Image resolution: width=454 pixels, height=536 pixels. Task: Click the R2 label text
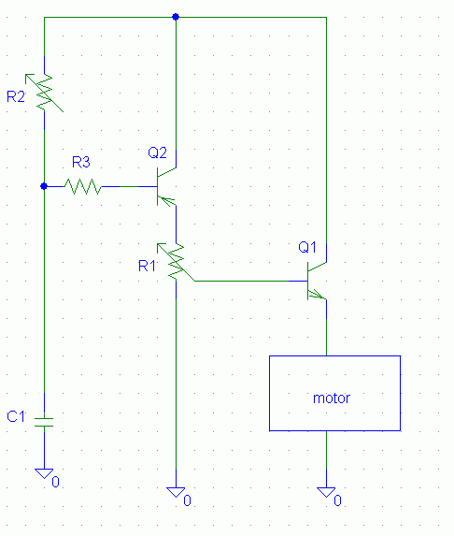[x=16, y=96]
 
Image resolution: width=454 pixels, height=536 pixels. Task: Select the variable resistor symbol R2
[x=45, y=93]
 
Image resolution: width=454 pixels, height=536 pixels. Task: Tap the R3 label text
[x=81, y=162]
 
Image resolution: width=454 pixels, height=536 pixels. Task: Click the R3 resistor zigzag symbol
[x=83, y=187]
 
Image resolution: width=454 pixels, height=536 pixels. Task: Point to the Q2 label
[x=157, y=152]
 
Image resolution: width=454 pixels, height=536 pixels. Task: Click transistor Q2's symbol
[x=166, y=187]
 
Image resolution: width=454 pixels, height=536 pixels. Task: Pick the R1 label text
[x=147, y=266]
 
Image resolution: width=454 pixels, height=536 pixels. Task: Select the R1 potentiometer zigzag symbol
[x=176, y=263]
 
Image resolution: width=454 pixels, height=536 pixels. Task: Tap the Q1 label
[x=307, y=247]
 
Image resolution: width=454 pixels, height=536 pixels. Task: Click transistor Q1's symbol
[x=317, y=281]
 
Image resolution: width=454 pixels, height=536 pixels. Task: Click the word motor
[x=332, y=398]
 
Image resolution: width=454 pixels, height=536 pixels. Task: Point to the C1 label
[x=16, y=416]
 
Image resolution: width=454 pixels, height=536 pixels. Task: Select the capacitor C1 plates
[x=45, y=422]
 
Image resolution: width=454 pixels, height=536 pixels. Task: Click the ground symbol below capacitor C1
[x=45, y=473]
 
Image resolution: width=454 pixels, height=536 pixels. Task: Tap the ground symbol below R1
[x=176, y=493]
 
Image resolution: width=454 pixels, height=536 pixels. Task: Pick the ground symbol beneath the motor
[x=326, y=493]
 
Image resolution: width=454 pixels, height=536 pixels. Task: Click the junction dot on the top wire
[x=176, y=17]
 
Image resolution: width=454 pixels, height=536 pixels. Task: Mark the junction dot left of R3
[x=44, y=186]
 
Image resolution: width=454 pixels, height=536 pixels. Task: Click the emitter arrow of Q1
[x=316, y=294]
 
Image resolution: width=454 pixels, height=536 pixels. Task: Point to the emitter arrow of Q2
[x=166, y=201]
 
